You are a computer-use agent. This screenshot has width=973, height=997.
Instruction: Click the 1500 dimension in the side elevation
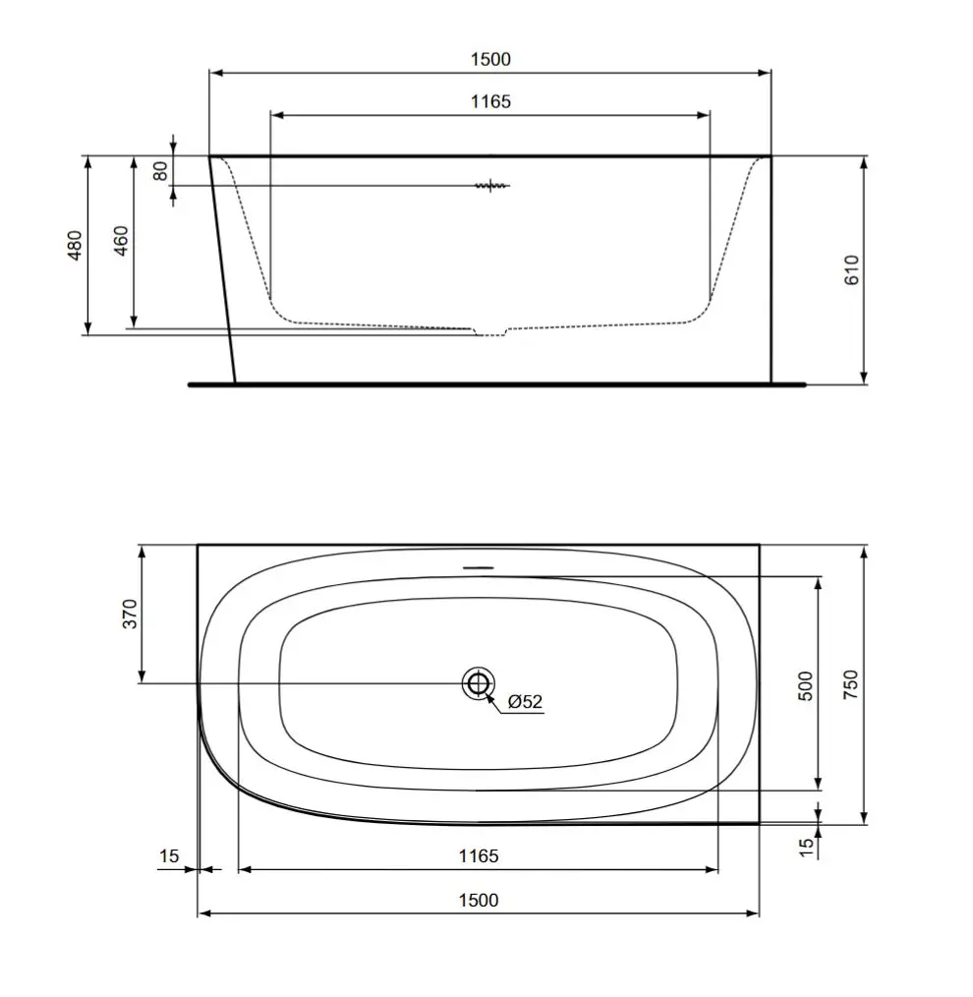(x=489, y=59)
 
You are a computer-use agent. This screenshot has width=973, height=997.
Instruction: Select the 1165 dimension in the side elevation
(x=489, y=101)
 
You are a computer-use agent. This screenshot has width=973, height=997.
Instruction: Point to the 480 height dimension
(x=75, y=245)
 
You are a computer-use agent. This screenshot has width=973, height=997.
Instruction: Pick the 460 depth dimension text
(x=121, y=242)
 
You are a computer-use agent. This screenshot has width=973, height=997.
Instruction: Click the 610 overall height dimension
(x=851, y=269)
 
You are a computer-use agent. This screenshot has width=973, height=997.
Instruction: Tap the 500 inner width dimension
(x=805, y=684)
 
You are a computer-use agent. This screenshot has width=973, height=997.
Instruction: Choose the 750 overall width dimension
(x=850, y=684)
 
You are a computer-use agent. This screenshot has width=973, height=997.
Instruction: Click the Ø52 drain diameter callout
(x=525, y=702)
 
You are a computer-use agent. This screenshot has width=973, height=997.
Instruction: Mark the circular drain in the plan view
(x=478, y=682)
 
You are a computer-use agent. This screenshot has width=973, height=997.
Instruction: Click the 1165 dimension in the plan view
(x=478, y=855)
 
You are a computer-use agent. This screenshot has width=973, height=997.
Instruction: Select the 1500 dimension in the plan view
(x=478, y=900)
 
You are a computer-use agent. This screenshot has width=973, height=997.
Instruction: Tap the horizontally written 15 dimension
(x=169, y=855)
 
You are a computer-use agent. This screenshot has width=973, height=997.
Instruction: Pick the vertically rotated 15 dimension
(x=805, y=845)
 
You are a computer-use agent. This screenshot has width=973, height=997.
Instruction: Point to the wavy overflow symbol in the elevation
(x=491, y=185)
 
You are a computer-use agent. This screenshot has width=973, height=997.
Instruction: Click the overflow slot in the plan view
(x=478, y=568)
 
